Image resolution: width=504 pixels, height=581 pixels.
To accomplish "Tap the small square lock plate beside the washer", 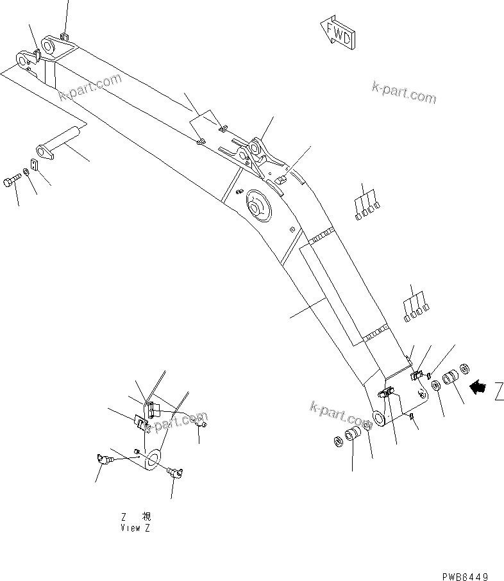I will [35, 165].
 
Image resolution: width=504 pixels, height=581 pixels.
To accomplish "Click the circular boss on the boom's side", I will [258, 208].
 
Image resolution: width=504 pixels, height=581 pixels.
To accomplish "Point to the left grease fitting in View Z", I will [101, 459].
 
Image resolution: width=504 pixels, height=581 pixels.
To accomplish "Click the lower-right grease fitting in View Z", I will [175, 473].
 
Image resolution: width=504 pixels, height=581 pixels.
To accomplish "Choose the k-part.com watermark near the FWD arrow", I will [403, 92].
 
